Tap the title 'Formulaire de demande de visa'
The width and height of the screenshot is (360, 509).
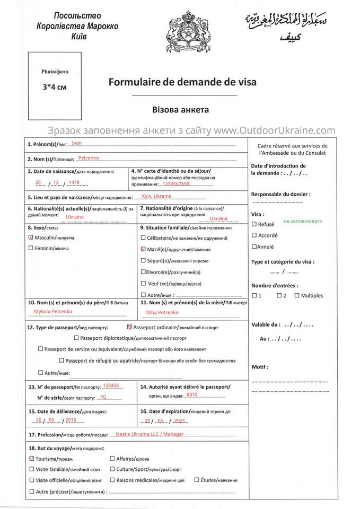[x=182, y=82]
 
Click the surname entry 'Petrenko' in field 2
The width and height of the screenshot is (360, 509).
[x=88, y=157]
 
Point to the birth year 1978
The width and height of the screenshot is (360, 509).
[x=74, y=182]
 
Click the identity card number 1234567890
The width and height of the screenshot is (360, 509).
[x=177, y=184]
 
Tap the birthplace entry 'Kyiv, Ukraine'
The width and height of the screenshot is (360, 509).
[x=156, y=196]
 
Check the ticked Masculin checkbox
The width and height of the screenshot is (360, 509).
[x=30, y=238]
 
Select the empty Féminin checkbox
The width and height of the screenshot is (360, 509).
[x=30, y=248]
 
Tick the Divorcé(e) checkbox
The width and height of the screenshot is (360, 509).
[x=143, y=271]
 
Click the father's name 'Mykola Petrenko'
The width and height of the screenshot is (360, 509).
[x=53, y=311]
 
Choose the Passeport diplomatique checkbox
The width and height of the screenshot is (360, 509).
[x=76, y=338]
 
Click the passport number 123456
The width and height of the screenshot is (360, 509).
[x=111, y=385]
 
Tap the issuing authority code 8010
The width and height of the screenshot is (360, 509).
[x=192, y=395]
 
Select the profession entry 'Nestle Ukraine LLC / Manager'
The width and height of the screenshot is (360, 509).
[x=150, y=434]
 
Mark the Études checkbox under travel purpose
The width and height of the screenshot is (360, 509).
[x=196, y=480]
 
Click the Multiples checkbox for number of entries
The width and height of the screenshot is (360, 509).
[x=296, y=295]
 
